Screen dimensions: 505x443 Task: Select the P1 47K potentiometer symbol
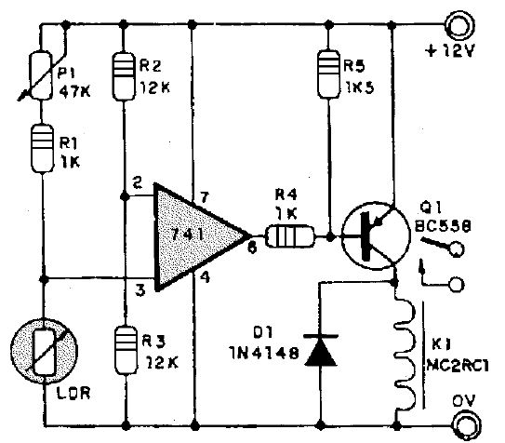point(41,75)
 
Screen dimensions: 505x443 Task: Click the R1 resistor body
point(42,149)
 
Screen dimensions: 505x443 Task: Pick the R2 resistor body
point(124,76)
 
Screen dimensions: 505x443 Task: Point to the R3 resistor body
point(126,350)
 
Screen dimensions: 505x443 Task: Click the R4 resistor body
point(289,237)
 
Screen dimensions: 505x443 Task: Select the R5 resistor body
point(328,74)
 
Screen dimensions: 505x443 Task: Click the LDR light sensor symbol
point(44,352)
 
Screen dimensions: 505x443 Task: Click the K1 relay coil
point(405,355)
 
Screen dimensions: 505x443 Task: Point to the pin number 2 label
point(138,183)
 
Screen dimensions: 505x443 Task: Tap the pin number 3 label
point(140,290)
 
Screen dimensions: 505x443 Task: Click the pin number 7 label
point(205,197)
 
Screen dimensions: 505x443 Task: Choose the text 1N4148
point(264,354)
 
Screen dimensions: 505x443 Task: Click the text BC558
point(443,226)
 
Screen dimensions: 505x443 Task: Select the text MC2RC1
point(458,366)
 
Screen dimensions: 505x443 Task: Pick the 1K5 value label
point(360,87)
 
